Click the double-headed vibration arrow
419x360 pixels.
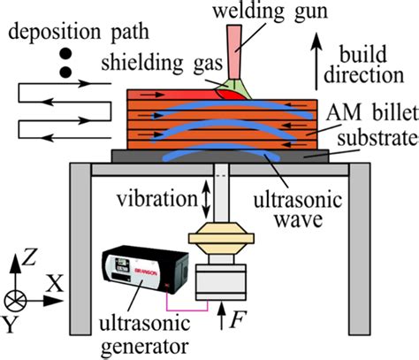tap(207, 199)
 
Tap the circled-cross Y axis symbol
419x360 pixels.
tap(16, 295)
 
